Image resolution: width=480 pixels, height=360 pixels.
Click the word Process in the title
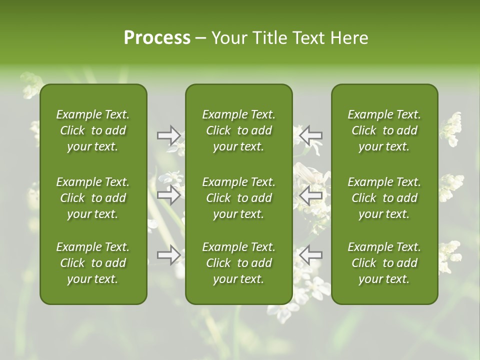[157, 38]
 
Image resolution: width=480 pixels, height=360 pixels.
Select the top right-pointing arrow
[169, 135]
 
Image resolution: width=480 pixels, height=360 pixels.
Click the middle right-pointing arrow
[169, 195]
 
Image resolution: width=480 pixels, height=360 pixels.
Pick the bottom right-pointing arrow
[169, 255]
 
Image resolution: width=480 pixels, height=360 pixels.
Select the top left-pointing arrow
[310, 135]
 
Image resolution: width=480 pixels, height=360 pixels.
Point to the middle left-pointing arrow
[310, 195]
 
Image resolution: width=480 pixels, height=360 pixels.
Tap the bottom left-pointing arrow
[310, 255]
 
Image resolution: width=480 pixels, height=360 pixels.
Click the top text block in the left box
[93, 130]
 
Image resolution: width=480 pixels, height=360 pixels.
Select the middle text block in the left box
[93, 198]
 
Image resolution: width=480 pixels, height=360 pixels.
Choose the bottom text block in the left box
[93, 263]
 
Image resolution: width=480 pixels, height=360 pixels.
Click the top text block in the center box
[238, 130]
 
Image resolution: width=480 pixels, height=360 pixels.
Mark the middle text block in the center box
[238, 198]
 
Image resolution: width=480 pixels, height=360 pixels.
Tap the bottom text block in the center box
[238, 263]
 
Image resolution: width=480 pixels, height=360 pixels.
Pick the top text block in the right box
[384, 130]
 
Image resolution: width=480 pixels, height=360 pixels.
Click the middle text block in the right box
[384, 198]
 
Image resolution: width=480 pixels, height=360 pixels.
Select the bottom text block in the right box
[384, 263]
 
